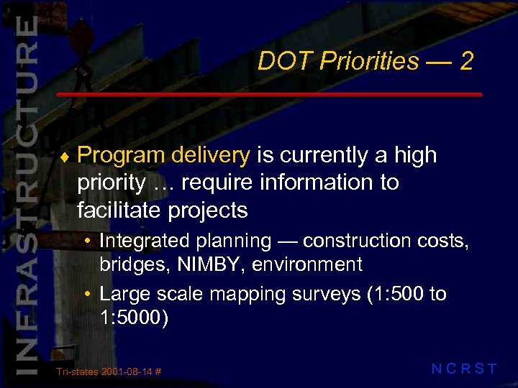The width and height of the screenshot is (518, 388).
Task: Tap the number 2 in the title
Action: [466, 61]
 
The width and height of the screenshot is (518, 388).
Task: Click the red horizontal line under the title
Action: [269, 94]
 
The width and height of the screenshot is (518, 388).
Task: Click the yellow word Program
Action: [121, 155]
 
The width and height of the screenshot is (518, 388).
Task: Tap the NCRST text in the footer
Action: [464, 369]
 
